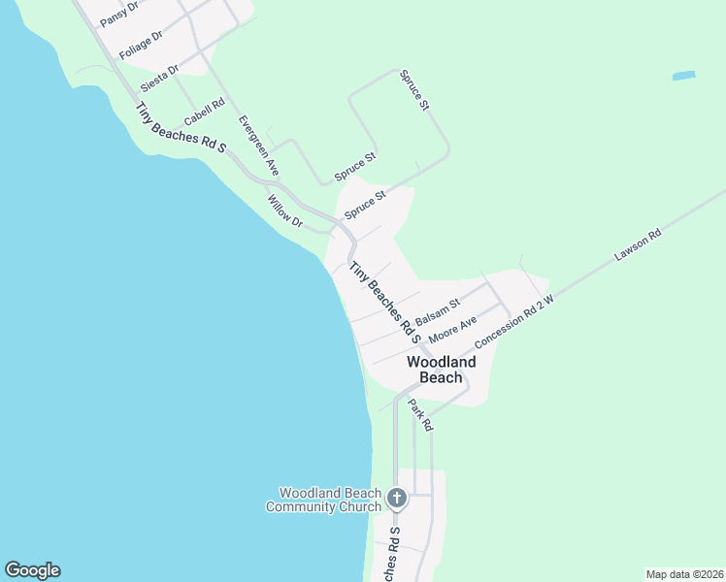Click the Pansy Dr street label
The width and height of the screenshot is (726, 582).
click(119, 14)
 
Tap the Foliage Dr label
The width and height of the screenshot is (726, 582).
click(141, 45)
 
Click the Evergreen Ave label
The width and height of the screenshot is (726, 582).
click(258, 145)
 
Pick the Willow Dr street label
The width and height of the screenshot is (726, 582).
click(285, 210)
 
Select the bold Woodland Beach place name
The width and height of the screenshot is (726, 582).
click(442, 370)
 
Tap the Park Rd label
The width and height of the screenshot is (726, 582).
click(420, 414)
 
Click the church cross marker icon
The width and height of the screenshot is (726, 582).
click(396, 499)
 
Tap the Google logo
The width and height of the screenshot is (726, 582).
click(32, 570)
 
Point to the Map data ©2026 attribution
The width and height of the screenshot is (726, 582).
click(684, 574)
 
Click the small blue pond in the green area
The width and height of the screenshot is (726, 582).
click(684, 75)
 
